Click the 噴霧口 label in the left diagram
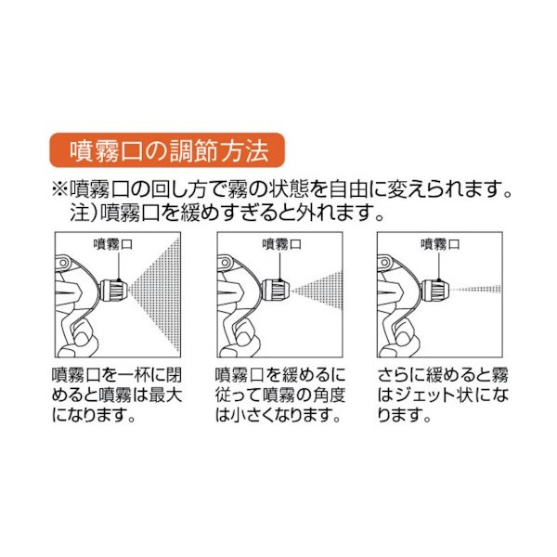click(x=114, y=244)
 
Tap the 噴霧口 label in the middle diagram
click(x=278, y=244)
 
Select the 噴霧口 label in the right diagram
click(x=438, y=244)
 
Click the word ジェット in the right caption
click(x=429, y=396)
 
